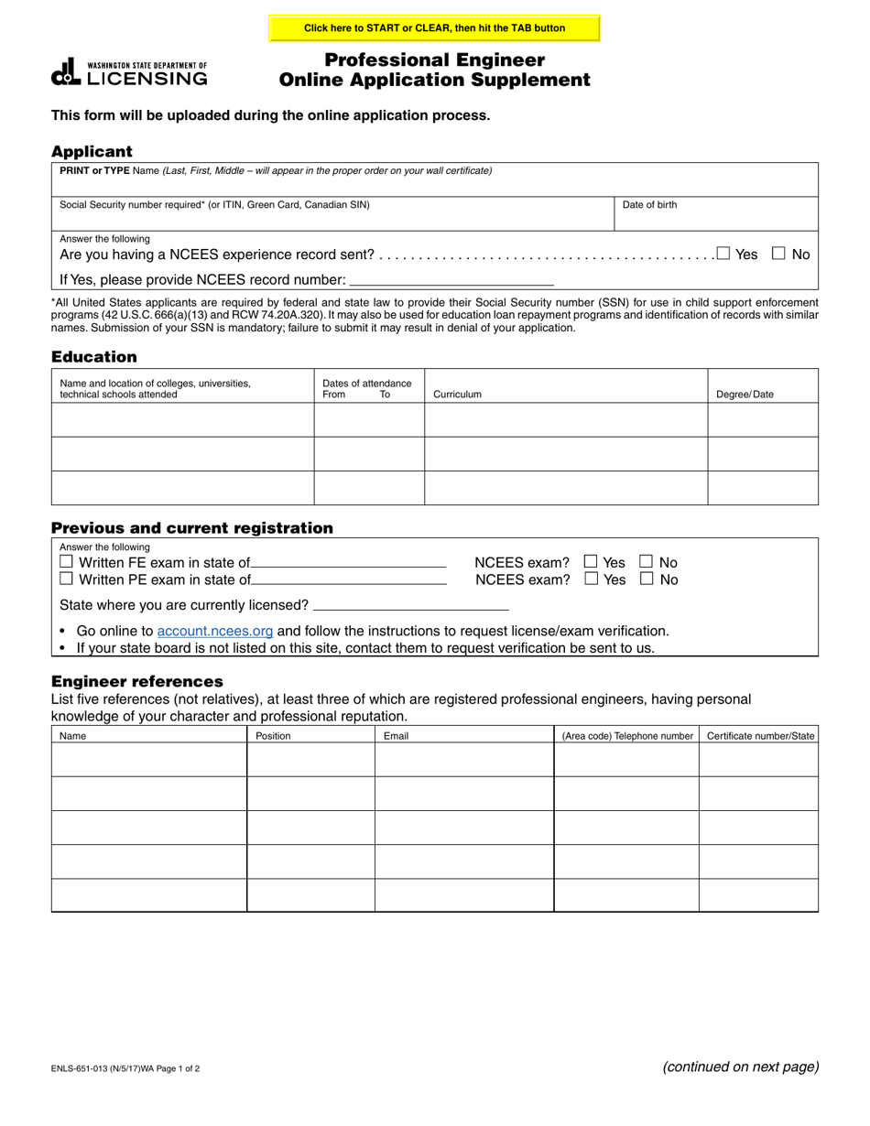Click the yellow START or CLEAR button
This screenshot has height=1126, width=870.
pyautogui.click(x=434, y=28)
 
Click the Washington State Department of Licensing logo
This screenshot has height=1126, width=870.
pyautogui.click(x=129, y=72)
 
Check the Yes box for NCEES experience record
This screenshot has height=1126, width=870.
pyautogui.click(x=723, y=254)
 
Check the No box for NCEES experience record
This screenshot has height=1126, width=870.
pyautogui.click(x=779, y=254)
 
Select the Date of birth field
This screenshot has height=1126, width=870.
pyautogui.click(x=714, y=214)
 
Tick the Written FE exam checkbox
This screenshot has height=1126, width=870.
pyautogui.click(x=66, y=561)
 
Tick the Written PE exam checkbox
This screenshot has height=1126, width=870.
pyautogui.click(x=66, y=579)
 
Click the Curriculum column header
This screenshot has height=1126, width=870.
pyautogui.click(x=457, y=395)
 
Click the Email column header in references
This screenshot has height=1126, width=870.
pyautogui.click(x=396, y=735)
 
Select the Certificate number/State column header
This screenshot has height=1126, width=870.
pyautogui.click(x=760, y=735)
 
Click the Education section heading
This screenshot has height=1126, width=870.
pyautogui.click(x=94, y=357)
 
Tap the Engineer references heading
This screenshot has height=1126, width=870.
pyautogui.click(x=137, y=681)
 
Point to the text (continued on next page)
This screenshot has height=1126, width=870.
pyautogui.click(x=740, y=1066)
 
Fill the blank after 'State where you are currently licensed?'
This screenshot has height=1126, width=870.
pyautogui.click(x=410, y=604)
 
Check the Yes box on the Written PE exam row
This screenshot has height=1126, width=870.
pyautogui.click(x=591, y=579)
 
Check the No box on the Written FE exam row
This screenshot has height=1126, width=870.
pyautogui.click(x=646, y=561)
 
